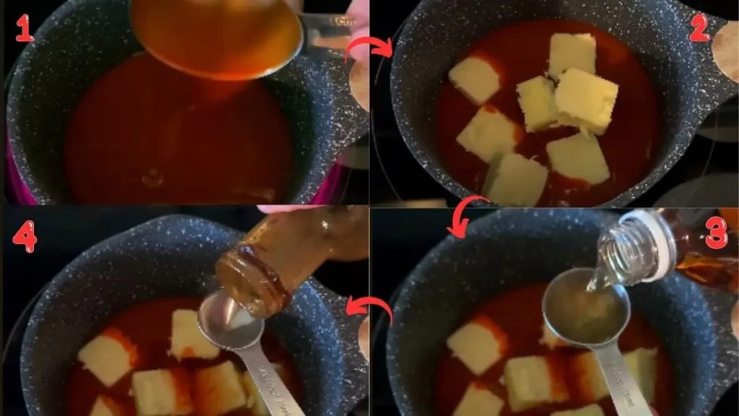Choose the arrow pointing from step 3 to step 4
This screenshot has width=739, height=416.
tap(369, 309)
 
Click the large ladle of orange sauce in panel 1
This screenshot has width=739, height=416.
tap(217, 36)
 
